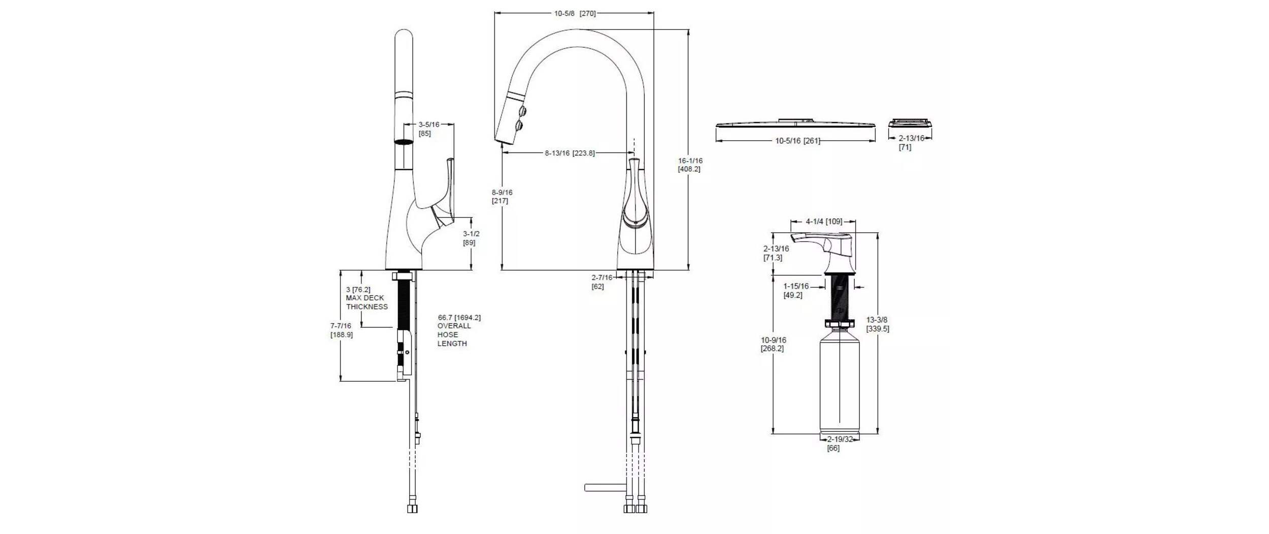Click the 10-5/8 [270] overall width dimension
pyautogui.click(x=575, y=14)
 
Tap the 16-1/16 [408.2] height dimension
pyautogui.click(x=690, y=165)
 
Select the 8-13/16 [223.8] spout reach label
pyautogui.click(x=570, y=153)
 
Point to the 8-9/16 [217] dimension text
pyautogui.click(x=502, y=197)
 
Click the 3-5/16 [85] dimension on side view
pyautogui.click(x=428, y=129)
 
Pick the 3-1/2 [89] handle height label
pyautogui.click(x=471, y=238)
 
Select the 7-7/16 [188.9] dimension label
pyautogui.click(x=341, y=330)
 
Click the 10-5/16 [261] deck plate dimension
pyautogui.click(x=797, y=141)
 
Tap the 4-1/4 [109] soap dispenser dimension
pyautogui.click(x=823, y=222)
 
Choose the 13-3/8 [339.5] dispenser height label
pyautogui.click(x=877, y=324)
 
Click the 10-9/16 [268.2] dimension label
pyautogui.click(x=773, y=344)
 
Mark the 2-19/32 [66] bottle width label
pyautogui.click(x=840, y=443)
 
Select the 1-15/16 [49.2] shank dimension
pyautogui.click(x=795, y=291)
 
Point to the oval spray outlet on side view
pyautogui.click(x=404, y=142)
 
